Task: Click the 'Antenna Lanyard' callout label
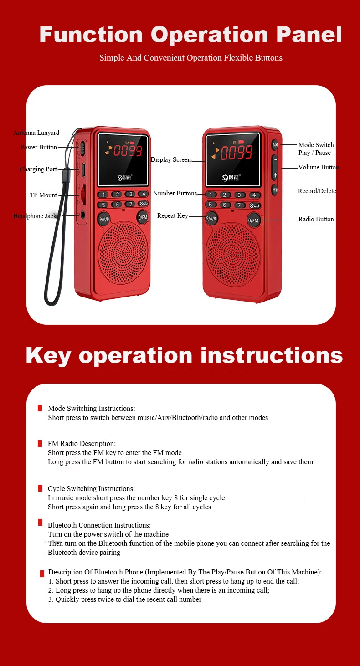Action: tap(36, 133)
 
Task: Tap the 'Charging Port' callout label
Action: tap(38, 169)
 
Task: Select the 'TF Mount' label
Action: tap(44, 195)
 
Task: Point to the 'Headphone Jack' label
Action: tap(35, 216)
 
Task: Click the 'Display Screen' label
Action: tap(171, 159)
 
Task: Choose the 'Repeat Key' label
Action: tap(173, 215)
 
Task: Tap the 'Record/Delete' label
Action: tap(317, 191)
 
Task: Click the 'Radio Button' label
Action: tap(316, 219)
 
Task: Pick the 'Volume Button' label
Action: tap(319, 167)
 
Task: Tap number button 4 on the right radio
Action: tap(254, 195)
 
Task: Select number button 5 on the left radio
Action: tap(103, 205)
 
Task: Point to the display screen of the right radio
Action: tap(233, 159)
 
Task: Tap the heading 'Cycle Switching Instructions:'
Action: tap(91, 489)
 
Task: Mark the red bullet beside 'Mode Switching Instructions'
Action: tap(40, 408)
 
